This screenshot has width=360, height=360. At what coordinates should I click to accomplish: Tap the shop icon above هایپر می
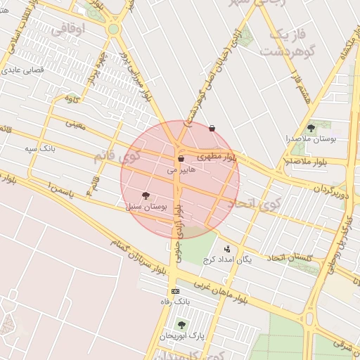pos(181,160)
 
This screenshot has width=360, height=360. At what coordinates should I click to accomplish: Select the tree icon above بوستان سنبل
pos(146,195)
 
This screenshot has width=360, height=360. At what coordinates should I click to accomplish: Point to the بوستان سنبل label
pos(146,207)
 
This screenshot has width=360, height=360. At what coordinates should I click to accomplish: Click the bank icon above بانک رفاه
pos(175,291)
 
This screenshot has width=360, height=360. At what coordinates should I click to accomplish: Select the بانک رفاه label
pos(176,302)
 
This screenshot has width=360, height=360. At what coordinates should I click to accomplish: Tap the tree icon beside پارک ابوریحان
pos(182,325)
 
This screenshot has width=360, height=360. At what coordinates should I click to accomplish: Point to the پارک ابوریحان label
pos(182,335)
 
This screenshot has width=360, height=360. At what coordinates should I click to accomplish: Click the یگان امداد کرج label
pos(227,259)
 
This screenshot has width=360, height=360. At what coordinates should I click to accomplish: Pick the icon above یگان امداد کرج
pos(227,249)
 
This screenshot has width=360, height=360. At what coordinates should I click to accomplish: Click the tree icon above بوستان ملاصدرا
pos(311,128)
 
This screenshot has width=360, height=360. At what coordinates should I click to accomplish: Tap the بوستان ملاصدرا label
pos(311,139)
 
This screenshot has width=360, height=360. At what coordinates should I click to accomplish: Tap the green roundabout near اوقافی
pos(113,30)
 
